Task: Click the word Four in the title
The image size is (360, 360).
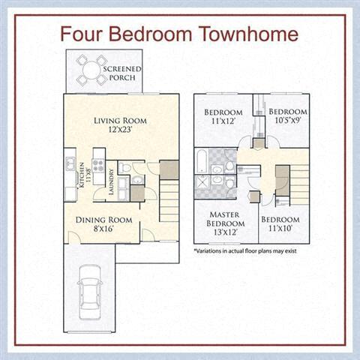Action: click(x=82, y=34)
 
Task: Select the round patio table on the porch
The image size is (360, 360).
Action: click(x=91, y=71)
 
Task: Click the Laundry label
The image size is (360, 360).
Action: click(x=111, y=181)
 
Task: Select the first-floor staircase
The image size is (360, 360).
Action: click(x=169, y=199)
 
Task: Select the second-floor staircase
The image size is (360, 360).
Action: click(x=298, y=184)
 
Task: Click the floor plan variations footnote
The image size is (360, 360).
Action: click(x=244, y=251)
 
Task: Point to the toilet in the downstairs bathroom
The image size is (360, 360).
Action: click(x=125, y=167)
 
